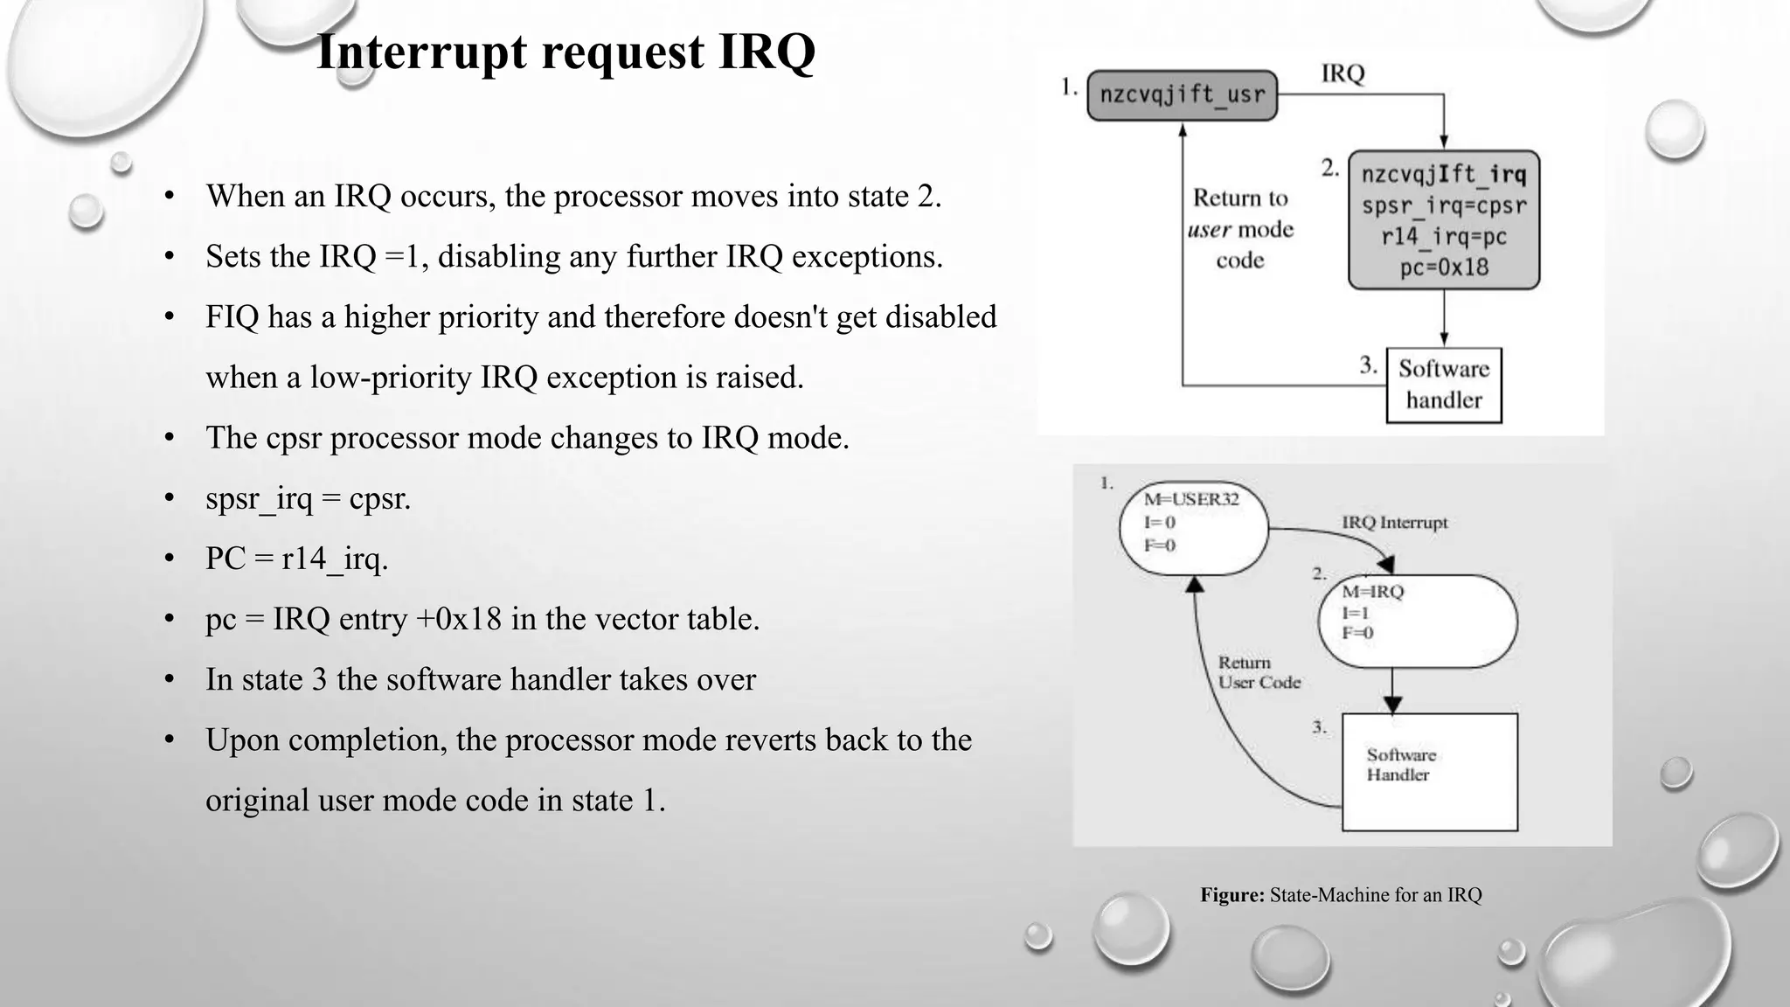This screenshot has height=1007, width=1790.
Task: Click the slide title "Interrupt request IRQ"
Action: pyautogui.click(x=565, y=52)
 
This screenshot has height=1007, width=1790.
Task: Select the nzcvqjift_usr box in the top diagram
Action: pyautogui.click(x=1182, y=94)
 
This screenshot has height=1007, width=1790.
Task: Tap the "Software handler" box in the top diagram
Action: pyautogui.click(x=1444, y=385)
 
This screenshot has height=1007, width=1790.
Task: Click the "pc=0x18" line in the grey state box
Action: pyautogui.click(x=1444, y=267)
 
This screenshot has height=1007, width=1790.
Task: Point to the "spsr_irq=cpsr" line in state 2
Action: pyautogui.click(x=1444, y=206)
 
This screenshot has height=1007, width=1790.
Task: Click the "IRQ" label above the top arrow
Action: pyautogui.click(x=1342, y=73)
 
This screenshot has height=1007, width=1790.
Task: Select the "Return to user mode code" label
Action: pyautogui.click(x=1240, y=229)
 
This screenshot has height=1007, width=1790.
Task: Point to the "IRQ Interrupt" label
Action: pyautogui.click(x=1395, y=523)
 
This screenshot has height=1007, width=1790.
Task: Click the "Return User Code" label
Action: pyautogui.click(x=1259, y=672)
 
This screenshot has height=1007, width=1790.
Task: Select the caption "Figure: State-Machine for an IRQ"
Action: pyautogui.click(x=1341, y=895)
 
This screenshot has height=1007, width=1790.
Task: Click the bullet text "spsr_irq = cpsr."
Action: pyautogui.click(x=308, y=498)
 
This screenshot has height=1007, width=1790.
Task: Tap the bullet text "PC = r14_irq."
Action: pyautogui.click(x=296, y=559)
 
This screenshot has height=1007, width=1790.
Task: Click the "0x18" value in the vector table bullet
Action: pyautogui.click(x=472, y=619)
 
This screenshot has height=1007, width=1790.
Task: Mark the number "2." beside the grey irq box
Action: pyautogui.click(x=1330, y=168)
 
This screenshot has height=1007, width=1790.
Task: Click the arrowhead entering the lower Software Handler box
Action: pyautogui.click(x=1393, y=705)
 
